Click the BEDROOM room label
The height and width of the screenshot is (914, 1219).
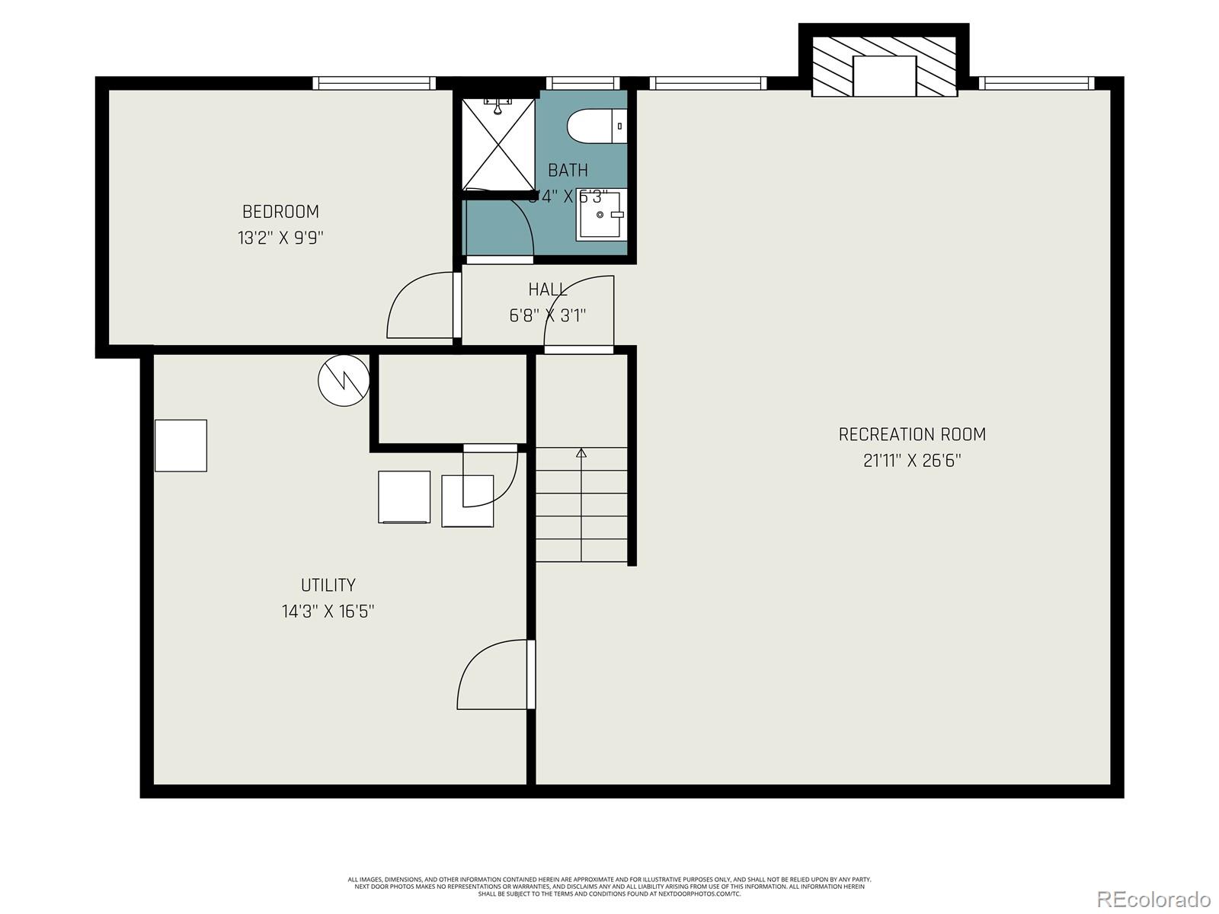280,212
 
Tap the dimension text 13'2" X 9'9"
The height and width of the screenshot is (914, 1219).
280,238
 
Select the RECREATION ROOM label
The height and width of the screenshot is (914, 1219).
912,434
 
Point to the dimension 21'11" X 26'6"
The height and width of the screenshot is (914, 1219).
912,461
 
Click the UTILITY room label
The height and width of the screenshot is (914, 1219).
328,585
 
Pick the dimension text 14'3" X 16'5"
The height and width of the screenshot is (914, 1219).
328,611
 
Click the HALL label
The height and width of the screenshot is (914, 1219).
547,289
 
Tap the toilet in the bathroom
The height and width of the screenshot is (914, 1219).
596,126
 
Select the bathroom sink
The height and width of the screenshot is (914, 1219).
600,216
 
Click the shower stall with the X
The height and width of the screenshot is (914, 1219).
499,143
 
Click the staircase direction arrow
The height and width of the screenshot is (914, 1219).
581,454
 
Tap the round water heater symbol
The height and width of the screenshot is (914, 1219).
344,380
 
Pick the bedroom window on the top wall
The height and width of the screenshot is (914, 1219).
374,83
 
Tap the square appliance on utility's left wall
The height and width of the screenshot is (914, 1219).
181,446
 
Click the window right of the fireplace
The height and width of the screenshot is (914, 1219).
1036,83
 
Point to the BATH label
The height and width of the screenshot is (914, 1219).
568,170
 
